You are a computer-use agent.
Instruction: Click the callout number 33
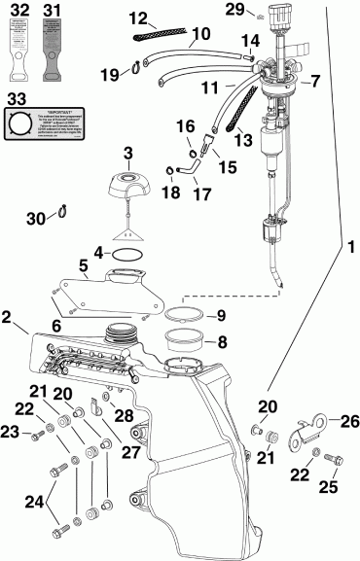coord(16,98)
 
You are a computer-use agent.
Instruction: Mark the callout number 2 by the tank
coord(8,317)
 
